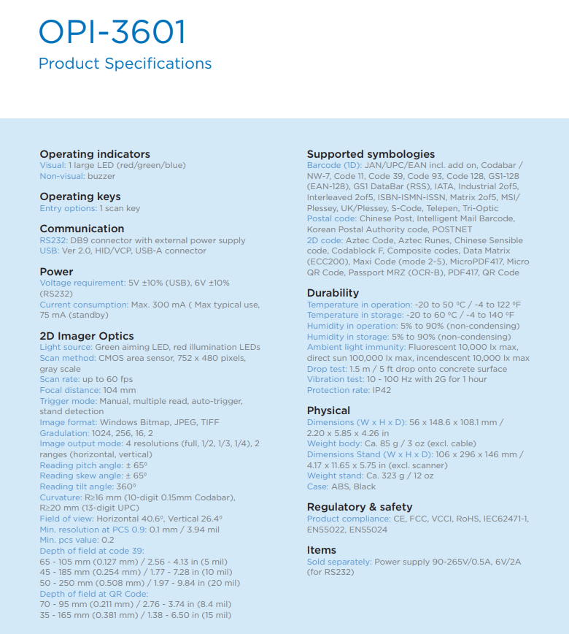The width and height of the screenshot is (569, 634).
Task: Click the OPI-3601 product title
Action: click(x=112, y=33)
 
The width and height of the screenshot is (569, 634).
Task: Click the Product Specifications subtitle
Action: click(x=125, y=64)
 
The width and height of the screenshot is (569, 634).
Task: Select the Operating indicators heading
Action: click(x=95, y=154)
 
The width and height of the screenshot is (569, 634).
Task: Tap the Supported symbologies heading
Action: click(x=371, y=154)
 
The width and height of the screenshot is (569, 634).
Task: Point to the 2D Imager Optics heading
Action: click(x=87, y=336)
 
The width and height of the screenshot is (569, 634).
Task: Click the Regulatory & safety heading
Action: click(x=360, y=507)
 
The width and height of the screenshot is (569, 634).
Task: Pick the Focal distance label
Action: click(x=70, y=390)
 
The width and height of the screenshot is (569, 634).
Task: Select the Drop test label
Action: click(x=328, y=369)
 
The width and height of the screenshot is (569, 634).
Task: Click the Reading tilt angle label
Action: click(x=77, y=486)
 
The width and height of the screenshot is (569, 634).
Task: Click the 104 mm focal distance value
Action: click(x=120, y=390)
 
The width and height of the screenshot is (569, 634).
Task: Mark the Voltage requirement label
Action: click(x=82, y=283)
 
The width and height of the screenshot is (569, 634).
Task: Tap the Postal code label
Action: click(x=332, y=218)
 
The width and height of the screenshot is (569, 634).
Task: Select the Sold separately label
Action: click(x=339, y=562)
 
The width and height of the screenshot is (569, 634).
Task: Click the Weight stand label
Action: click(x=335, y=475)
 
